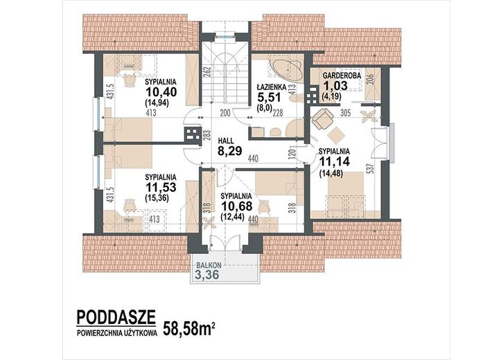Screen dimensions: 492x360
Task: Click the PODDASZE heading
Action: click(116, 317)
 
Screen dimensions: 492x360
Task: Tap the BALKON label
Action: click(209, 265)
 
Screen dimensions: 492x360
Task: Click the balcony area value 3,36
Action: click(207, 275)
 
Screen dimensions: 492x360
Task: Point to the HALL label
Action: click(226, 141)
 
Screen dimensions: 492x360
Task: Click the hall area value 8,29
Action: click(230, 151)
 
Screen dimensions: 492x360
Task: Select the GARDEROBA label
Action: click(342, 75)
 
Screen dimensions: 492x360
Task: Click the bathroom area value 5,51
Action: click(269, 97)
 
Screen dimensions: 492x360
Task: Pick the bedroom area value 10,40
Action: click(161, 92)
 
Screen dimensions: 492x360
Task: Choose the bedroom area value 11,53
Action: click(161, 187)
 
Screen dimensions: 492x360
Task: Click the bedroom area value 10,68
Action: click(236, 206)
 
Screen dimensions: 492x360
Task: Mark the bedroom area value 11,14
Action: click(335, 161)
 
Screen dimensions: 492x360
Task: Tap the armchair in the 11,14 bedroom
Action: click(322, 118)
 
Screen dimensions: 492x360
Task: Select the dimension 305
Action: click(345, 113)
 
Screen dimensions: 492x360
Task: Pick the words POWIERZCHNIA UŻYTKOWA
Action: click(116, 334)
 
